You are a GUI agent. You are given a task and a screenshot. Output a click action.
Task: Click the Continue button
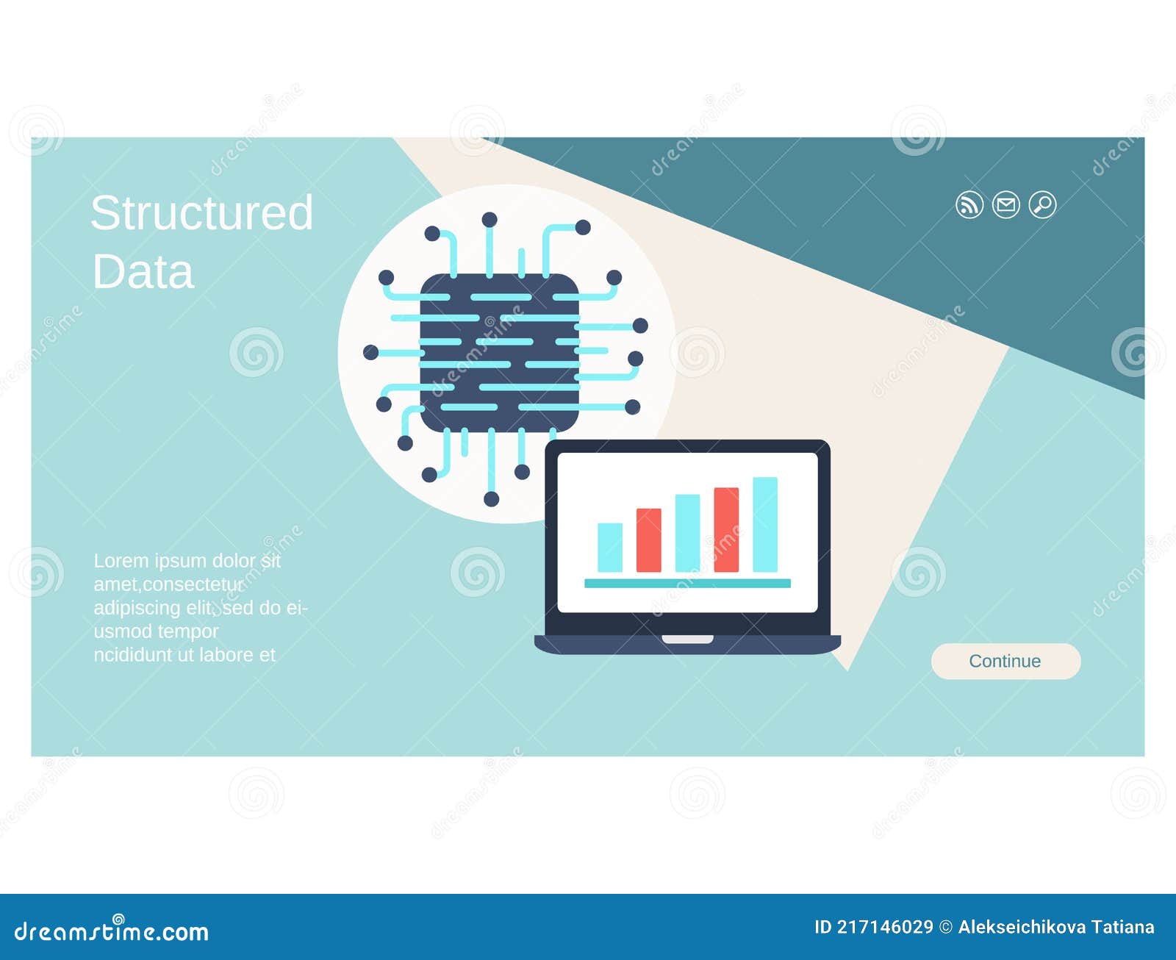1005,661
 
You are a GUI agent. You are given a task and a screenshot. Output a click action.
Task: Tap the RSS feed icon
969,204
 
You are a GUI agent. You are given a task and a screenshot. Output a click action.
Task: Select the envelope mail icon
1006,204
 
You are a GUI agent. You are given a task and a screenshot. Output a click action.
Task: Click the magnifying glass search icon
1042,204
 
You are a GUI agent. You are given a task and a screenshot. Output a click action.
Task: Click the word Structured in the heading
202,213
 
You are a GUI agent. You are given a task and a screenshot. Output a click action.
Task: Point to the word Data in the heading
143,272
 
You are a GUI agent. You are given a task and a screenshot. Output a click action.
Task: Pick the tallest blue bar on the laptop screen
765,524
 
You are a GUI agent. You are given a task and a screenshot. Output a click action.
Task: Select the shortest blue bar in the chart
610,547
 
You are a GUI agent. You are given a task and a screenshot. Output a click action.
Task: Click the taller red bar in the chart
726,529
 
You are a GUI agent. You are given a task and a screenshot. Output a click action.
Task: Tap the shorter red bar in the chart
648,540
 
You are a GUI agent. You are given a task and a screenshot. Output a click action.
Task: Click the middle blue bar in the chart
687,533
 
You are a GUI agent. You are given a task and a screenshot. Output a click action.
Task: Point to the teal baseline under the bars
687,583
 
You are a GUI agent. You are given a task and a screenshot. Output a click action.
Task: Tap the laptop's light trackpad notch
687,639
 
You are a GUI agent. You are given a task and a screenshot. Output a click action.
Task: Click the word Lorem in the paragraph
121,561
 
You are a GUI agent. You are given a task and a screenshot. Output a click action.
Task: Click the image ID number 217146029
885,928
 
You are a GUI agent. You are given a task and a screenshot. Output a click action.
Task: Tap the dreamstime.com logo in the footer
112,931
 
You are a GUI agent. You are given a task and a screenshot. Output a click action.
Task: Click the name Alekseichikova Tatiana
1055,928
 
